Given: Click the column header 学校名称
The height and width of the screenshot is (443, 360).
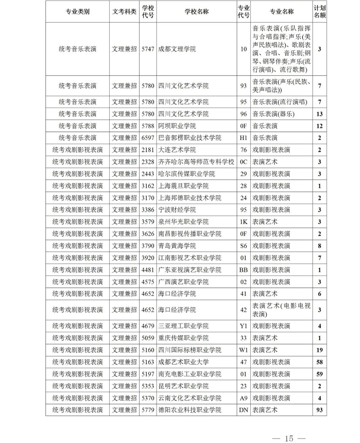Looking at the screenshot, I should (x=197, y=12).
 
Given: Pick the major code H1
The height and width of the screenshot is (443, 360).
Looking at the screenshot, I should (x=243, y=138).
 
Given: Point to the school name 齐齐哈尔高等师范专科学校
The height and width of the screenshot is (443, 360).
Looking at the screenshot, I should (x=196, y=162).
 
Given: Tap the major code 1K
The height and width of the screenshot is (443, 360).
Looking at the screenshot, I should (x=243, y=222).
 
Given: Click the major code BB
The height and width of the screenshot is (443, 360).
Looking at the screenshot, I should (x=243, y=270).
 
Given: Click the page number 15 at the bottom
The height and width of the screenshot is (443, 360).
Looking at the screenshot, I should (x=288, y=438).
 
